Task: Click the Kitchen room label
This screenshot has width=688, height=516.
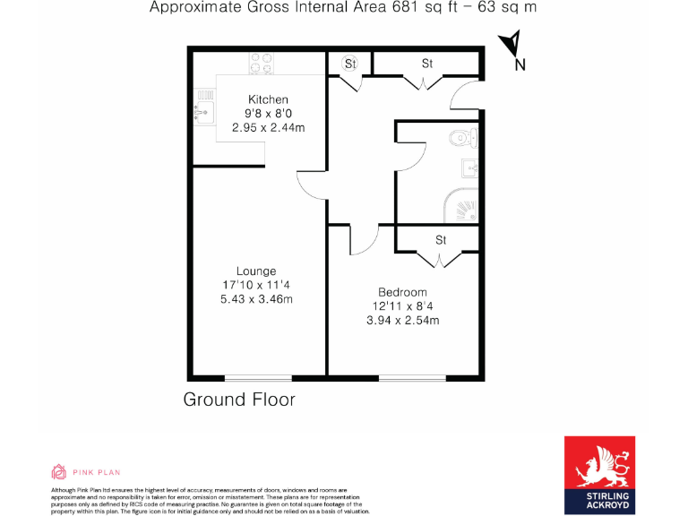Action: (268, 99)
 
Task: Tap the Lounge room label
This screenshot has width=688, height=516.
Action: (256, 271)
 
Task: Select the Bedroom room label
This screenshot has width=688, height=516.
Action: (402, 292)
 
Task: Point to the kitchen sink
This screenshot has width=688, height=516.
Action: (201, 111)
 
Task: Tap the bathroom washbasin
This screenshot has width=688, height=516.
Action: (470, 168)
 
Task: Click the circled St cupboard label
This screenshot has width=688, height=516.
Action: (349, 64)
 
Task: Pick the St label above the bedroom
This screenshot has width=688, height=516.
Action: (441, 240)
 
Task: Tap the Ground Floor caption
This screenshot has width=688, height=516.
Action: (239, 400)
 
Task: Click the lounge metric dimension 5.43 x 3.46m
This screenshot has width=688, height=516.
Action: (256, 299)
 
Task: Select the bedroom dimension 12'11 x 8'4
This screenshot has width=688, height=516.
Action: (402, 306)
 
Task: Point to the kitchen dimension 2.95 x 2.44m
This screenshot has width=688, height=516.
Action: (268, 128)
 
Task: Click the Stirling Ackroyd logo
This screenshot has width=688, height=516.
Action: (599, 475)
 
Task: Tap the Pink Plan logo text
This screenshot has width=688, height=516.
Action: (98, 472)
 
